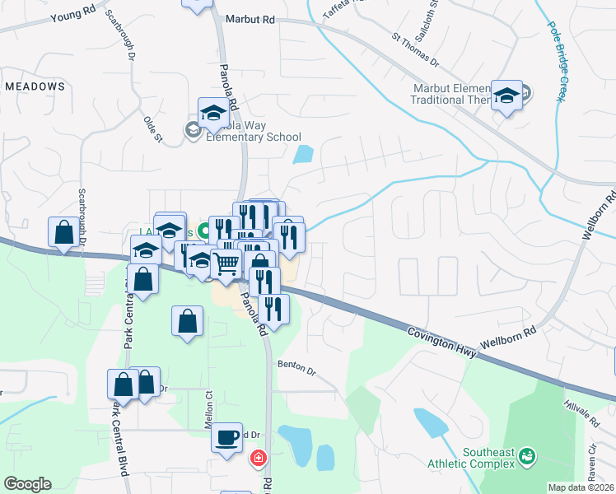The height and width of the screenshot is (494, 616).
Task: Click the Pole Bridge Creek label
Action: pos(556,62)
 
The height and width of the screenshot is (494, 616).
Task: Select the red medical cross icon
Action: pos(259,457)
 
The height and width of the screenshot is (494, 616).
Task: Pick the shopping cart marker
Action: pos(226,263)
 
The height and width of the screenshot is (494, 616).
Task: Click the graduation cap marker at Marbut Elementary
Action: pos(506,94)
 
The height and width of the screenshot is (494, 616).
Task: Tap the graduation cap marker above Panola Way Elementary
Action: pos(213,113)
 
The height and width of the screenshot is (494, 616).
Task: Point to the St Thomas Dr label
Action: pos(417,50)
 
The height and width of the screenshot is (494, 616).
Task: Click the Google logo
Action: pos(27,484)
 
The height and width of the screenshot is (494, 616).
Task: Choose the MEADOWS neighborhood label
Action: pos(35,86)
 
